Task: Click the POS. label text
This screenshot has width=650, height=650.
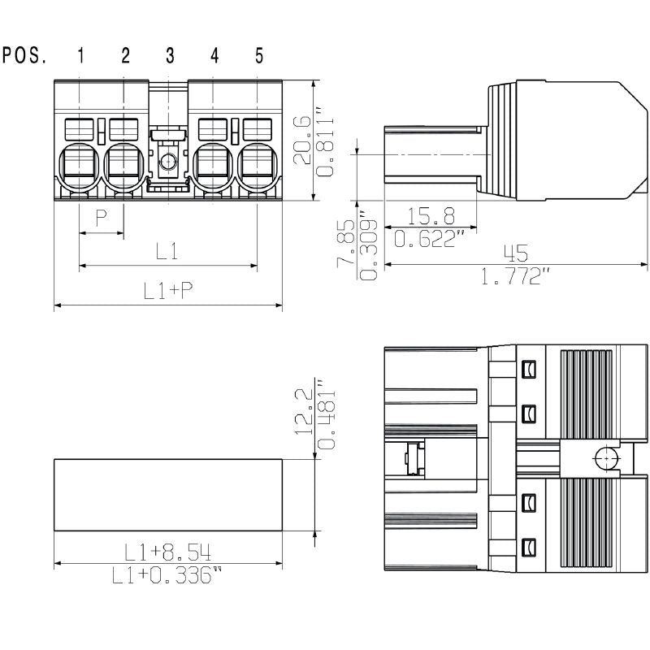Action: point(24,56)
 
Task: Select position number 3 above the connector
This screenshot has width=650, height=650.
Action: point(170,56)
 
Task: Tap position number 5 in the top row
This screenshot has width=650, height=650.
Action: point(259,56)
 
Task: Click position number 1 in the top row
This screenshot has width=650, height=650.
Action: point(81,56)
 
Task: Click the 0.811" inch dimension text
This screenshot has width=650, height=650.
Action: point(324,141)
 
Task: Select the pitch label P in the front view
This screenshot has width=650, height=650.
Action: point(102,218)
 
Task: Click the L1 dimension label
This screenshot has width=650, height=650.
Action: point(167,251)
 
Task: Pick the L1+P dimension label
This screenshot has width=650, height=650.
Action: point(168,291)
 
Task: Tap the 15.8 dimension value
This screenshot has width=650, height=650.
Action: point(431,216)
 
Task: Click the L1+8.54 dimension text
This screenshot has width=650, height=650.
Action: point(168,553)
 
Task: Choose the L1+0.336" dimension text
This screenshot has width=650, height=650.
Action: point(168,576)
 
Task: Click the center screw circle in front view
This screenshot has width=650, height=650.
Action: point(168,162)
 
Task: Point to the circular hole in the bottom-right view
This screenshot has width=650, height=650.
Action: point(604,459)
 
